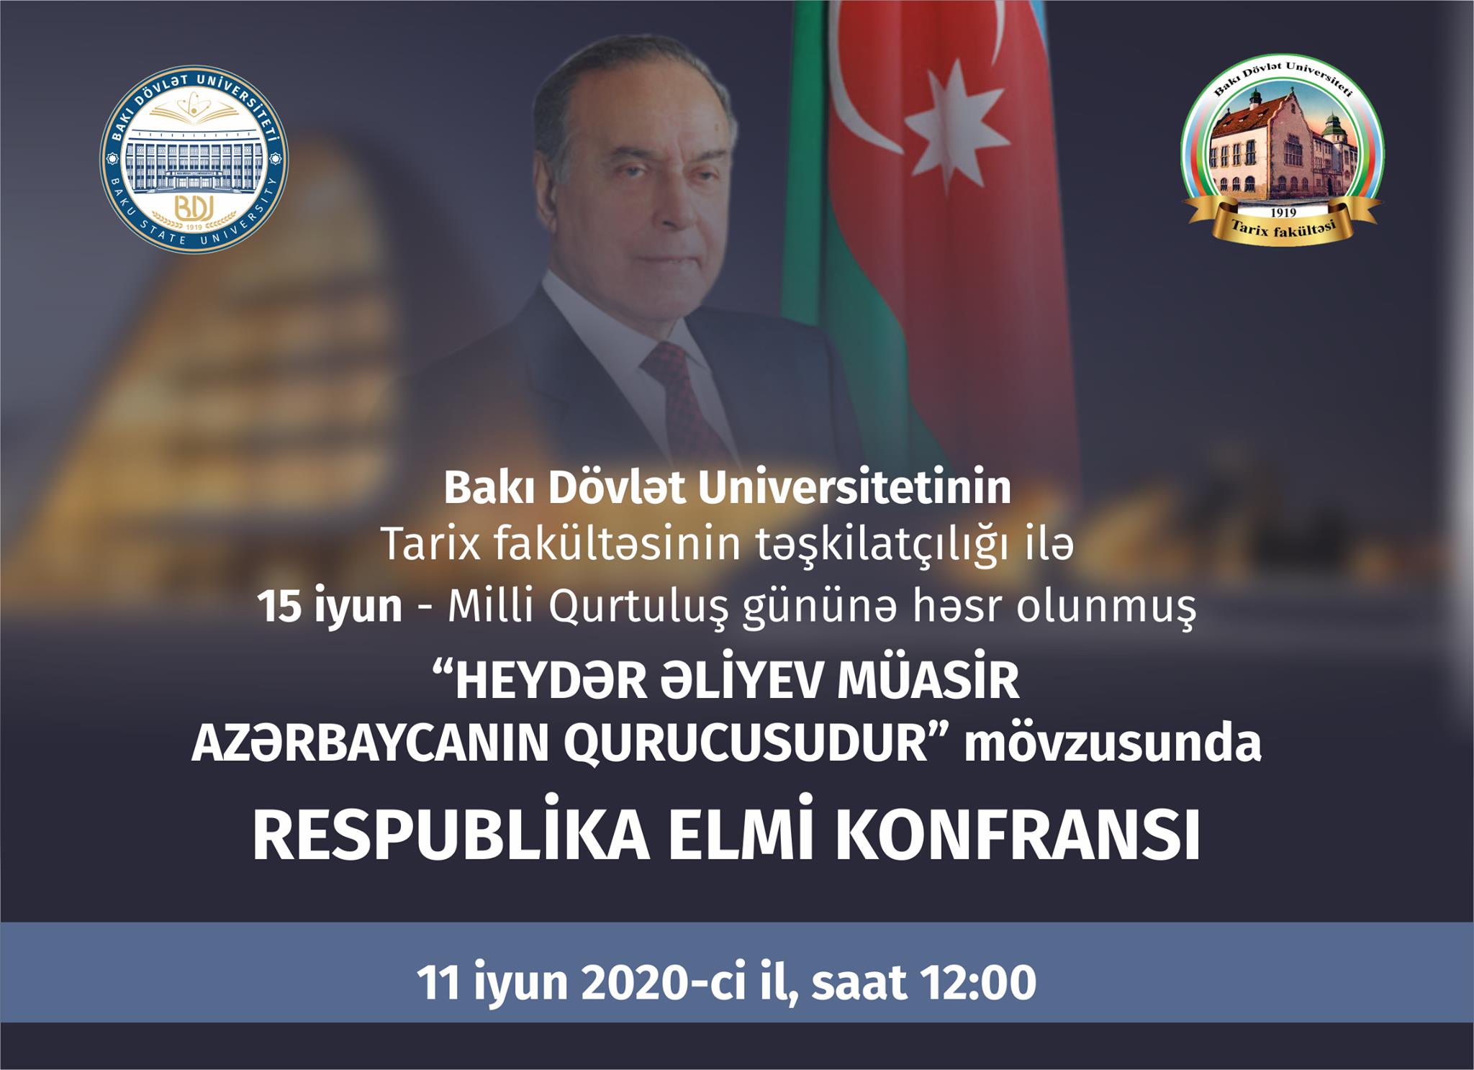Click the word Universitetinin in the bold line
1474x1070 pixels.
(854, 489)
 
